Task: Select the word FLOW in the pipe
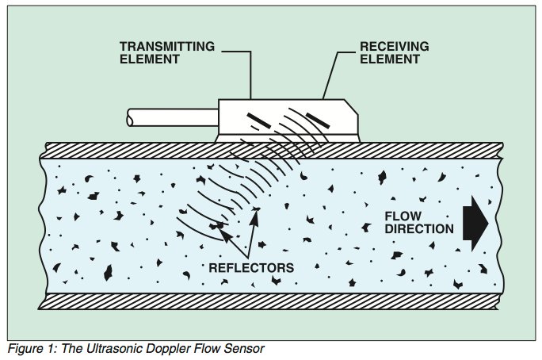401,216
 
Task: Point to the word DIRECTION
419,230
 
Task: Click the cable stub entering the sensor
170,120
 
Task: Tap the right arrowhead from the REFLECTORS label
258,210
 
